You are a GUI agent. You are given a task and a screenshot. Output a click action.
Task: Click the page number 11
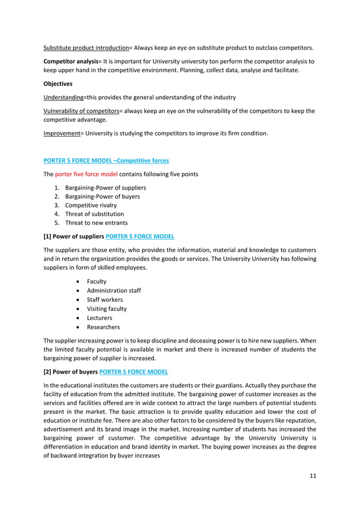(x=313, y=476)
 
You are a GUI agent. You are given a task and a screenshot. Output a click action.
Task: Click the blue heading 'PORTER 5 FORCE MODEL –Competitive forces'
(x=106, y=161)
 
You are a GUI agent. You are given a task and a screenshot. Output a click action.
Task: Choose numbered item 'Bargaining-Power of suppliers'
(x=106, y=187)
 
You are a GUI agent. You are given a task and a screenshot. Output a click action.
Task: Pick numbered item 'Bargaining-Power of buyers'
(x=103, y=196)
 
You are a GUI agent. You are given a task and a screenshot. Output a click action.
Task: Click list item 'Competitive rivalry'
(x=91, y=205)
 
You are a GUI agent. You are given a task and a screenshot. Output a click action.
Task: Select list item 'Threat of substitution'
(x=94, y=214)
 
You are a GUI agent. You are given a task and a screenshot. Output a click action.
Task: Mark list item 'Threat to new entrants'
(x=96, y=223)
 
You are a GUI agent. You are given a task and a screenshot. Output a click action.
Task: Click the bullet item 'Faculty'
(x=96, y=282)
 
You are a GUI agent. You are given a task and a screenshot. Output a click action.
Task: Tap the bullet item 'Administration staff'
(x=113, y=291)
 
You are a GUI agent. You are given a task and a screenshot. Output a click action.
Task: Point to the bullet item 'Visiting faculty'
(x=107, y=309)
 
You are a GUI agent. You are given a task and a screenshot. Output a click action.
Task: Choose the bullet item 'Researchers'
(x=103, y=327)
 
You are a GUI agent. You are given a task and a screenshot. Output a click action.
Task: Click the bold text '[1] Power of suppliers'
(x=73, y=236)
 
